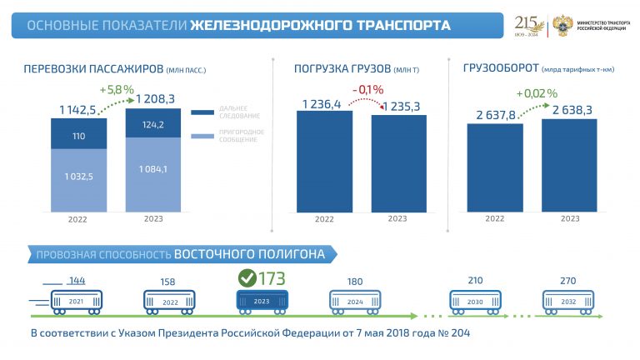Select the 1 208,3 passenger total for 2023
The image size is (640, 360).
point(151,98)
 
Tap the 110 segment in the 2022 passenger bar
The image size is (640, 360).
point(78,134)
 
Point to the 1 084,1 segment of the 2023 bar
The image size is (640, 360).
point(153,170)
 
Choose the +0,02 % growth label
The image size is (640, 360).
point(537,93)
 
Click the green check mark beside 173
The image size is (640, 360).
point(246,277)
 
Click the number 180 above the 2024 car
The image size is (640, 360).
point(354,280)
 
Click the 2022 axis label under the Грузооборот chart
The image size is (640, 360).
point(494,218)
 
